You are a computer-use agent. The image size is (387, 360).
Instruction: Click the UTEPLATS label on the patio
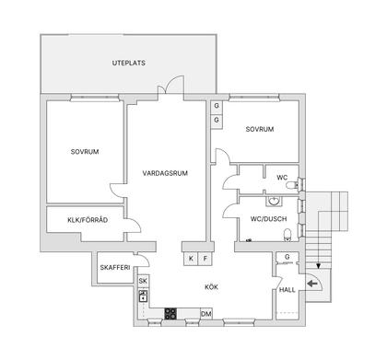tap(129, 63)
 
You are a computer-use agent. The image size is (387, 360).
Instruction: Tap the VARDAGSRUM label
tap(166, 172)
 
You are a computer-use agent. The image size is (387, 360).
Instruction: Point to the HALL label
tap(287, 291)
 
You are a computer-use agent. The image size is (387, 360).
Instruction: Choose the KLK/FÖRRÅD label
tap(88, 220)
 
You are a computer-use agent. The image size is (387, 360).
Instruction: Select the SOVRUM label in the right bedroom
tap(261, 130)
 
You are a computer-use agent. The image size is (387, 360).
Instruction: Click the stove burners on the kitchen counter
tap(170, 314)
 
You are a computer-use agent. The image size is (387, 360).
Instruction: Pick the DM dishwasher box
tap(206, 315)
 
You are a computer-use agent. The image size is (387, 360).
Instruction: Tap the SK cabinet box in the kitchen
tap(143, 281)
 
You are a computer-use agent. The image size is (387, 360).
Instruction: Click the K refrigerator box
tap(191, 259)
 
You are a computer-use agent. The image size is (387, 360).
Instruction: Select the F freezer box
tap(205, 259)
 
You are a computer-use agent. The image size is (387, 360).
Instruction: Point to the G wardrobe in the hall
tap(287, 257)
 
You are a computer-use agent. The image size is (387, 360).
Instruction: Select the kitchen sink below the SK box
tap(143, 297)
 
